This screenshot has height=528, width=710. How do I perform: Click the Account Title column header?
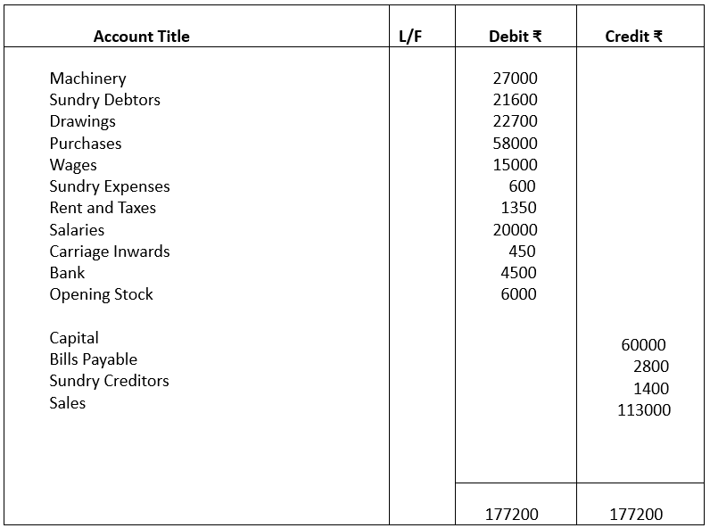coord(141,37)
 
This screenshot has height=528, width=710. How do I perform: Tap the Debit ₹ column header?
coord(515,37)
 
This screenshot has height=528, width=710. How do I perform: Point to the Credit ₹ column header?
coord(633,37)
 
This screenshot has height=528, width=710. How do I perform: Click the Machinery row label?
coord(87,78)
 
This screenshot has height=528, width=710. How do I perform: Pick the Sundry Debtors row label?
coord(104,100)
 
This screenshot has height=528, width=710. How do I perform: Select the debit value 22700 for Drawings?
coord(515,121)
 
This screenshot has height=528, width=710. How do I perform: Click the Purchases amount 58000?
coord(515,143)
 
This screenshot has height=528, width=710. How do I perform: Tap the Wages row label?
coord(73,165)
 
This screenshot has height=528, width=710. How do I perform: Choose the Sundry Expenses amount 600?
coord(522,186)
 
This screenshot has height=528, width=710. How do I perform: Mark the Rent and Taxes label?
coord(103,208)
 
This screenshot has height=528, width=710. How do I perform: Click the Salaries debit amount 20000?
coord(515,229)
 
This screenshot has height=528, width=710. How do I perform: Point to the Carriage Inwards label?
coord(109,252)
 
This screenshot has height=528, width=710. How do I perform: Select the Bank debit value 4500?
coord(518,273)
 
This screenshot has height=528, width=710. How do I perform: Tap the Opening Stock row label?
coord(101,294)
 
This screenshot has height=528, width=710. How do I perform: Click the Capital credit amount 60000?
coord(643,345)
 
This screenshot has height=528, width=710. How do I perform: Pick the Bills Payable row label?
coord(93,359)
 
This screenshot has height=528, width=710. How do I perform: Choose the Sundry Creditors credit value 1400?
coord(650,389)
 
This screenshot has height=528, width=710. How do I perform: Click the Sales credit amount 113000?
coord(644,410)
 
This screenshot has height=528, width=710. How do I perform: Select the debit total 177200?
coord(511,514)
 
